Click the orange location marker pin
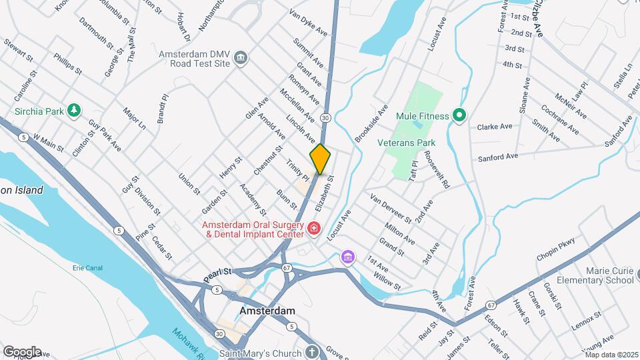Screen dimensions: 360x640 point(320,159)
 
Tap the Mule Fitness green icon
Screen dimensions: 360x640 point(459,116)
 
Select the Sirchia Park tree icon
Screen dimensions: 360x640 point(75,110)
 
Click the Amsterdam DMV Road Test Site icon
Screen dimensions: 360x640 point(241,57)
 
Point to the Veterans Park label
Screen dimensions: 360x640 point(406,143)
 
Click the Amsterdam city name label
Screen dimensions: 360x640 point(267,311)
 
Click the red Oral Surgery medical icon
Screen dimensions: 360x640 point(313,229)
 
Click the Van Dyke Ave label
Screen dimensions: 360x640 point(308,22)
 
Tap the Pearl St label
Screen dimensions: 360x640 point(217,272)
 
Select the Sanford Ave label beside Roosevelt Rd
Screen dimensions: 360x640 point(498,157)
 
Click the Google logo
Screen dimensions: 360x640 point(22,351)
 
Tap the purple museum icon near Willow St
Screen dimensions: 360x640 point(347,257)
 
